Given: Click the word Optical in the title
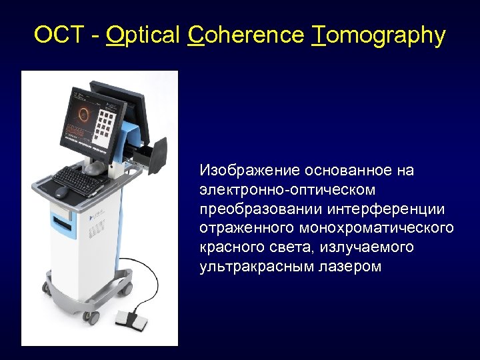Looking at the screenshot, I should click(142, 35).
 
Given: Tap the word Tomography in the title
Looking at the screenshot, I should click(378, 35).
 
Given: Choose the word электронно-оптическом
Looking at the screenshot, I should click(287, 190).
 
